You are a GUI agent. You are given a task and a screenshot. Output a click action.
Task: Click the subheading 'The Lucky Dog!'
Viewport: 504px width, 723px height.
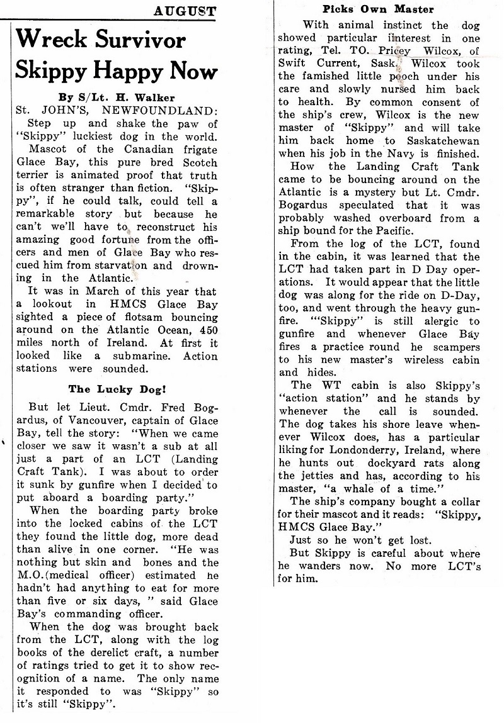(117, 389)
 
